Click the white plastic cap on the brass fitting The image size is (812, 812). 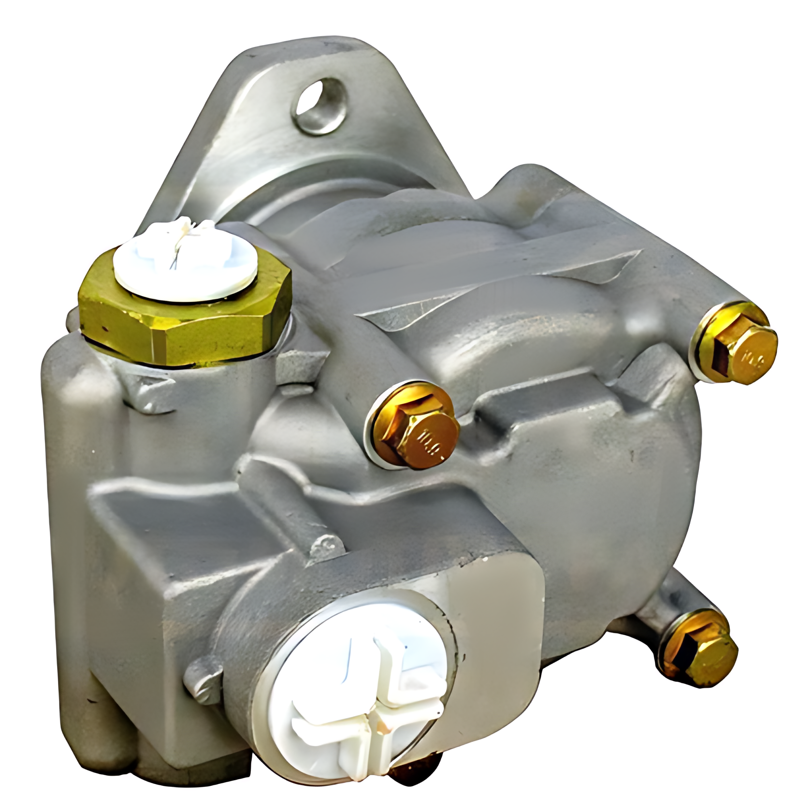click(186, 261)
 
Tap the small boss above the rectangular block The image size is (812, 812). click(329, 546)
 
